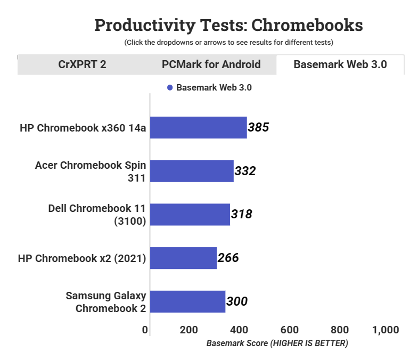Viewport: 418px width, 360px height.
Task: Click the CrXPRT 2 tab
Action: click(82, 64)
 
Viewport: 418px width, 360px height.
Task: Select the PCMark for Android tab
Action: click(211, 64)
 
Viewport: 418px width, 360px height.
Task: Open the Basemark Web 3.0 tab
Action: click(340, 64)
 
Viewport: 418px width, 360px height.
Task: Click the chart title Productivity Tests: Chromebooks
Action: click(228, 24)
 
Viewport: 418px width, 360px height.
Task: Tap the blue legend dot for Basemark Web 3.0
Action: click(170, 88)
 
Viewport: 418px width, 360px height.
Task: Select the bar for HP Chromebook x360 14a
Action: click(198, 127)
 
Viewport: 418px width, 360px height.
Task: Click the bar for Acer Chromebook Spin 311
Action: click(192, 171)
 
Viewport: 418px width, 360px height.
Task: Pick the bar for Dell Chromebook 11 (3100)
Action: click(190, 215)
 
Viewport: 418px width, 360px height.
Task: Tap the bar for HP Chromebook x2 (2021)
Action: click(183, 258)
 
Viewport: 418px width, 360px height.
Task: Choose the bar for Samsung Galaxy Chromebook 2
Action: click(187, 301)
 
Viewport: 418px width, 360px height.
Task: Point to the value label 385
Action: click(259, 127)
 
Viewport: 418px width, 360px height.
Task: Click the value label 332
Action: click(245, 171)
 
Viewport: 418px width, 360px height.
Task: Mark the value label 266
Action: click(228, 258)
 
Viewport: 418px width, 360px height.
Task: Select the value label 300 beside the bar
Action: click(237, 301)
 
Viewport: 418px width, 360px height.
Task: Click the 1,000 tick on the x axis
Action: click(386, 330)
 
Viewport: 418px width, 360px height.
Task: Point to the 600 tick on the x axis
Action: click(289, 330)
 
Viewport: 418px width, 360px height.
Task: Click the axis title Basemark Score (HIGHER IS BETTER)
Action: click(277, 343)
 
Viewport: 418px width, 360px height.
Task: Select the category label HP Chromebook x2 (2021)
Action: click(82, 258)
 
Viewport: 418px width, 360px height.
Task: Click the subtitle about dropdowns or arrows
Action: click(228, 42)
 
